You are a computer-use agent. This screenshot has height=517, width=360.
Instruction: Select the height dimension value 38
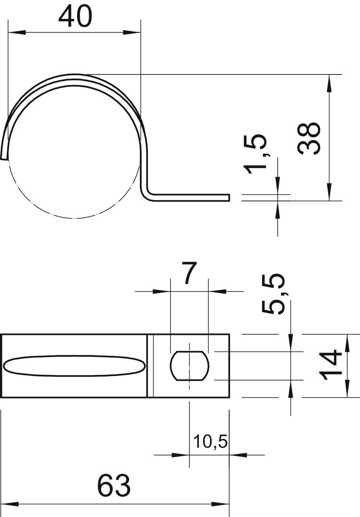(309, 138)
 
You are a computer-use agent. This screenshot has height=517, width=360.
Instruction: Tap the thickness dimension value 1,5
(255, 151)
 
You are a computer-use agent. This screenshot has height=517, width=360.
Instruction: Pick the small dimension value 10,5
(210, 442)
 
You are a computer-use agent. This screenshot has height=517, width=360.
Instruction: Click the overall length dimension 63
(114, 485)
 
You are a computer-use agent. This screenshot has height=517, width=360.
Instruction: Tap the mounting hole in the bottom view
(189, 366)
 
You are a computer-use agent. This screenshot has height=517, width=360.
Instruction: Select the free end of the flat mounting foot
(228, 197)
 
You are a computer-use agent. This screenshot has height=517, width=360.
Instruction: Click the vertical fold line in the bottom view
(150, 366)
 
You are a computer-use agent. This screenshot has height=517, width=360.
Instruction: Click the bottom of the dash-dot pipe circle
(74, 218)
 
